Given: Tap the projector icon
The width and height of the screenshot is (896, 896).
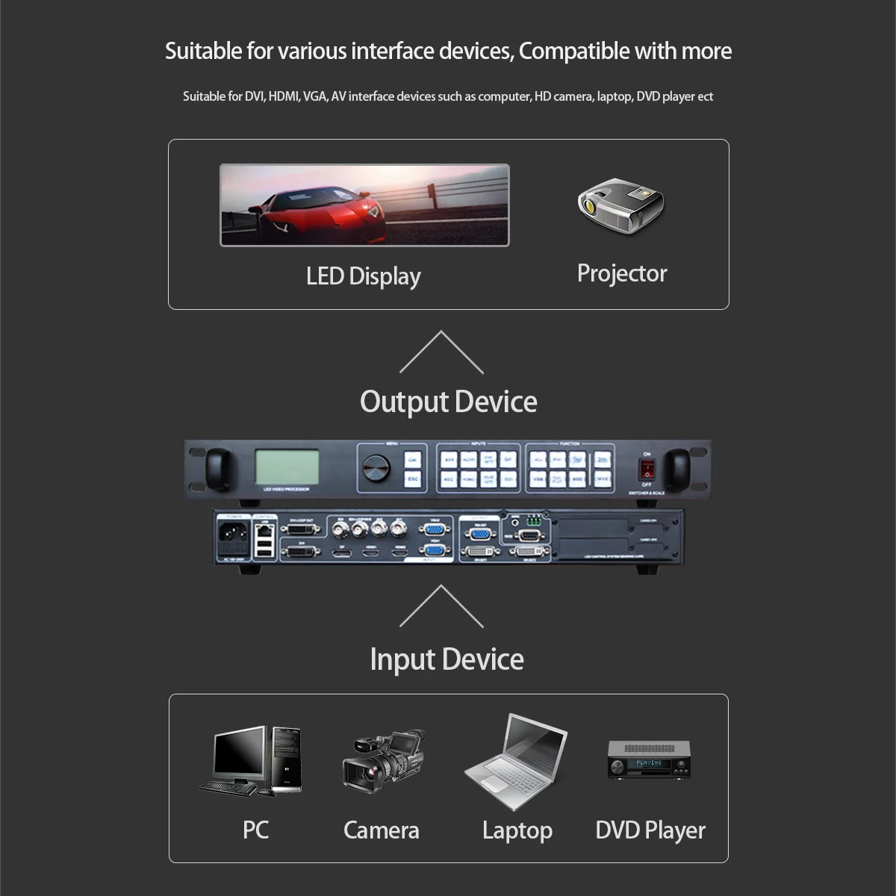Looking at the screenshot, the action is (620, 204).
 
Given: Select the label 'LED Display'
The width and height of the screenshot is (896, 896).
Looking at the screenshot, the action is (363, 276).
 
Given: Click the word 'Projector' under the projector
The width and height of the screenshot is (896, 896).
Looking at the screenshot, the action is (621, 273).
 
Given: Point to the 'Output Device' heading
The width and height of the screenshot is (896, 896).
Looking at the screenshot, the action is (448, 402).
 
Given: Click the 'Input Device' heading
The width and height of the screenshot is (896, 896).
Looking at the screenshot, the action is (447, 659).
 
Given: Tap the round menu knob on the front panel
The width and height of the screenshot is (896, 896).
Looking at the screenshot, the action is (376, 468).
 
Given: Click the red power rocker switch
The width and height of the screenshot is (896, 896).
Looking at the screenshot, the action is (647, 469).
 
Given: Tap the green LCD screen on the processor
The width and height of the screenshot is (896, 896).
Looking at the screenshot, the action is (287, 467).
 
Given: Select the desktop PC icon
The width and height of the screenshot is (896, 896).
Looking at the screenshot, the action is (252, 760).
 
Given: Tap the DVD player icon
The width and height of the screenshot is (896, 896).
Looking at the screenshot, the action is (649, 760).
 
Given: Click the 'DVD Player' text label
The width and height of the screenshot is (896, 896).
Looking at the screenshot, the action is (650, 830).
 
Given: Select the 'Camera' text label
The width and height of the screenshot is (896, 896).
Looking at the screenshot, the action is (381, 830).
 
